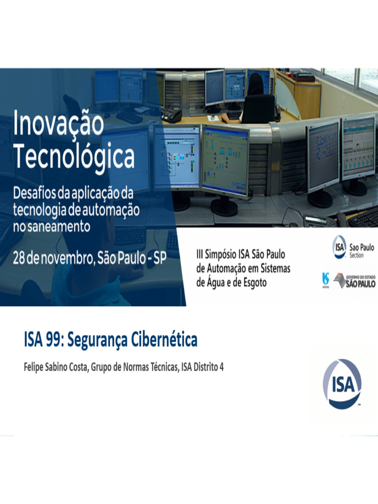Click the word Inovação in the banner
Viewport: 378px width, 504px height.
coord(59,124)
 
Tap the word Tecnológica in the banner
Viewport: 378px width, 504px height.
coord(74,157)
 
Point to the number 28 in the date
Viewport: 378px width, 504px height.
coord(19,259)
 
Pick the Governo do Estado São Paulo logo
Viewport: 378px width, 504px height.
coord(354,281)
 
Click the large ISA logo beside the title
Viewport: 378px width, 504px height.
coord(342,384)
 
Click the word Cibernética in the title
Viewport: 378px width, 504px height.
coord(164,340)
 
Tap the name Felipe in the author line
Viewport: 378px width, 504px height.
coord(35,367)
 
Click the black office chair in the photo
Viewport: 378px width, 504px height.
coord(258,109)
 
